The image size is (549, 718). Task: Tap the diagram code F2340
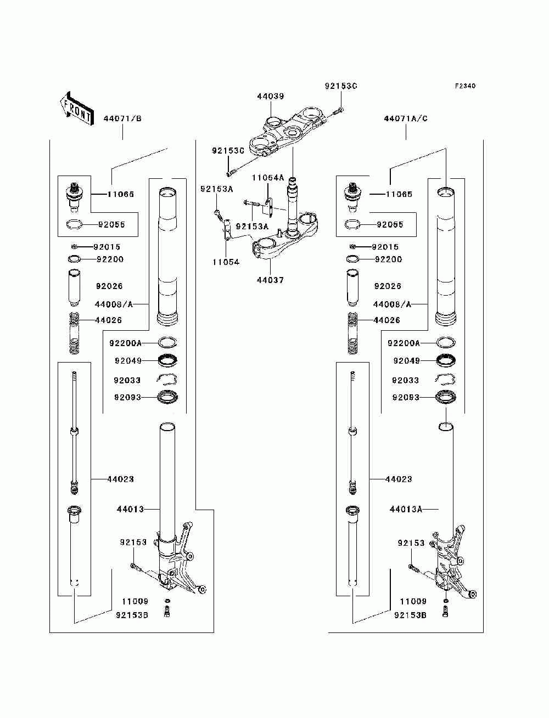[x=464, y=86]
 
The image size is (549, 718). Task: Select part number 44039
[x=271, y=97]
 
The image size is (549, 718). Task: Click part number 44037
[x=270, y=280]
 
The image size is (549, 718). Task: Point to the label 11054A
[x=268, y=178]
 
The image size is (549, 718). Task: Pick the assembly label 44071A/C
[x=406, y=118]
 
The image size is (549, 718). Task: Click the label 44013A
[x=406, y=510]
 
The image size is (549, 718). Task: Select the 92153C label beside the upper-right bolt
[x=341, y=86]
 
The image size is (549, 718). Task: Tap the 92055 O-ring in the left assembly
[x=74, y=224]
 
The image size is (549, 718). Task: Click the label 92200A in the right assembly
[x=404, y=343]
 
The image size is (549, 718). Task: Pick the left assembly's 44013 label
[x=130, y=510]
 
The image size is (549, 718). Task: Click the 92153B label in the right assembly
[x=410, y=615]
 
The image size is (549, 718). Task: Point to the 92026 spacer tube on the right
[x=352, y=287]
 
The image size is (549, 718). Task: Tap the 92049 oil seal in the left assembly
[x=167, y=360]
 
